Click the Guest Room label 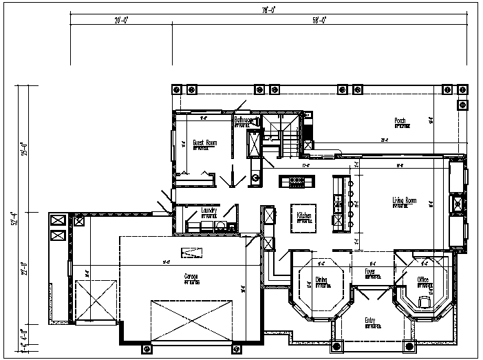(x=204, y=142)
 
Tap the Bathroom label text (x=244, y=120)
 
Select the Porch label (x=400, y=121)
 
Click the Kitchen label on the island (x=304, y=215)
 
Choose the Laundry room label (x=209, y=211)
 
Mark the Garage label (x=191, y=277)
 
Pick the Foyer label (x=369, y=272)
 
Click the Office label (x=422, y=279)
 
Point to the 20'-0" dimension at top (x=122, y=21)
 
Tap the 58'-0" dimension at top (x=318, y=21)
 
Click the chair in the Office (x=425, y=301)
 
